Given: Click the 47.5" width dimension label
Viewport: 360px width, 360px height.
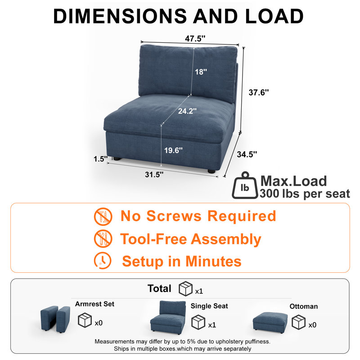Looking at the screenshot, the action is tap(195, 38).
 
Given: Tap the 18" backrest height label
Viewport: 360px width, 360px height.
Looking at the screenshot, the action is tap(201, 72).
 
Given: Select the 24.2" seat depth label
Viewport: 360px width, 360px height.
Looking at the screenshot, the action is tap(187, 111).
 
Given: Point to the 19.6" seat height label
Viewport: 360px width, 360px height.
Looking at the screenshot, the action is tap(173, 150).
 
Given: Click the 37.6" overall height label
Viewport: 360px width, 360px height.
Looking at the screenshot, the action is tap(258, 92).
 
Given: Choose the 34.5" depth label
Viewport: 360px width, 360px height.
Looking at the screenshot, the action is tap(247, 154).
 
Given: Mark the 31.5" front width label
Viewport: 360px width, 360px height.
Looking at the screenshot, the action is tap(154, 175).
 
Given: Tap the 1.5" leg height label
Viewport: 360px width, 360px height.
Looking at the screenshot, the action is tap(100, 159).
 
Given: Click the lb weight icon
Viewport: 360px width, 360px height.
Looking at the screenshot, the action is tap(245, 185).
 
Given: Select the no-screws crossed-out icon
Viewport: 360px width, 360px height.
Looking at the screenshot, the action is tap(103, 216).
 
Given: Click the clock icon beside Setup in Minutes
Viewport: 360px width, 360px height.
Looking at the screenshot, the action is tap(103, 261).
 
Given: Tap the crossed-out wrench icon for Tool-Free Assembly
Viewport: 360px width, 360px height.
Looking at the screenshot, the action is tap(103, 239).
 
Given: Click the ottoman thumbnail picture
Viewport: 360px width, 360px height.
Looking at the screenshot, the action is tap(270, 323).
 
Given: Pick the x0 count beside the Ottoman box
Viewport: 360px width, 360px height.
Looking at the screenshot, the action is tap(312, 325).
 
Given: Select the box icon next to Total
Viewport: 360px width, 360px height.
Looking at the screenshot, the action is tap(185, 288).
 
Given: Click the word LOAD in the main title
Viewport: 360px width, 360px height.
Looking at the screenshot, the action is tap(274, 16).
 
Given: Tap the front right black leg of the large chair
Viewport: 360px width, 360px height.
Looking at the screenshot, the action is tap(211, 171).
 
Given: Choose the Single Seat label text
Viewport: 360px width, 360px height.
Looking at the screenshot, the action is tap(209, 306).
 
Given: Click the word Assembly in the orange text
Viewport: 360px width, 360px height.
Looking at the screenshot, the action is tap(226, 239).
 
